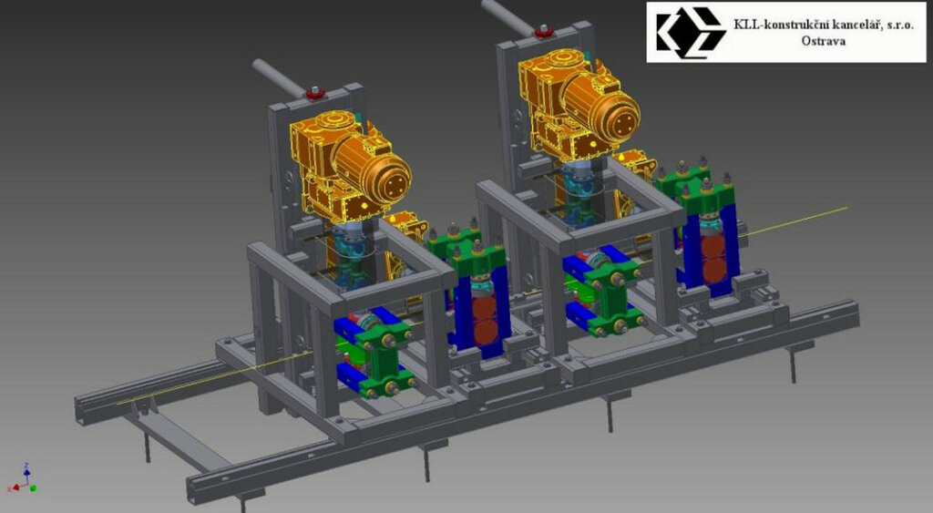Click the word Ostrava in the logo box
823,41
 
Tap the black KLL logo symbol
691,32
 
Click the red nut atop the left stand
314,94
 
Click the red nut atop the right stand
543,32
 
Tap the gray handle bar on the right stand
508,16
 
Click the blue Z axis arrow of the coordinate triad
26,472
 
